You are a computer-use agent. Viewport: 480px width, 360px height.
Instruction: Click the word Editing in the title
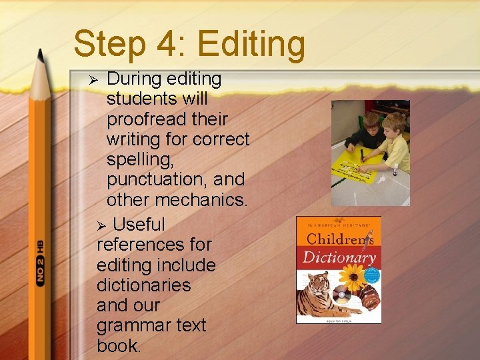(x=251, y=44)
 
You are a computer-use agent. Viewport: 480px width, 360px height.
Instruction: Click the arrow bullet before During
(x=94, y=79)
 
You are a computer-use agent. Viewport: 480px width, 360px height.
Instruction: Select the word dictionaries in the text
(x=143, y=285)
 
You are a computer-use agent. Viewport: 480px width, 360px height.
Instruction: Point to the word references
(x=154, y=245)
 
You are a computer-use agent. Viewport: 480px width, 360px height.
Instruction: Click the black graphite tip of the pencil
(x=41, y=57)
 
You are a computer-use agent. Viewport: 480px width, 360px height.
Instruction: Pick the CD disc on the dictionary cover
(x=342, y=294)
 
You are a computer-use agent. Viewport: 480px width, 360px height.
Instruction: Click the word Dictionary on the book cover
(x=339, y=257)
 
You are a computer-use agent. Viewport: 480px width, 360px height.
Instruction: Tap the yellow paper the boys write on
(x=358, y=163)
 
